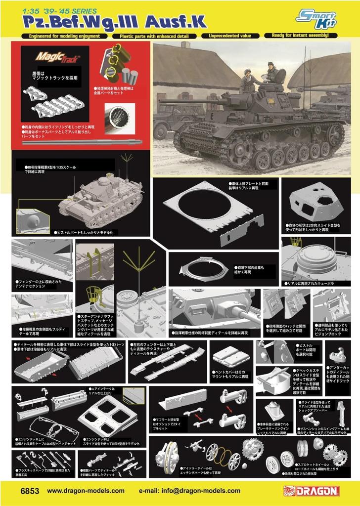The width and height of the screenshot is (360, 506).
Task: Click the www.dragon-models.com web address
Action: pyautogui.click(x=86, y=491)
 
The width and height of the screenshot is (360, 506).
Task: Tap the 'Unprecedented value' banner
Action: pyautogui.click(x=230, y=36)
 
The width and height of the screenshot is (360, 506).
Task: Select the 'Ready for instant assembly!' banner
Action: pyautogui.click(x=300, y=36)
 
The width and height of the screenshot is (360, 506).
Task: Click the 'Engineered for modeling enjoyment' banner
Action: pyautogui.click(x=64, y=36)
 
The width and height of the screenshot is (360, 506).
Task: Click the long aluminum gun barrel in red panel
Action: pyautogui.click(x=82, y=142)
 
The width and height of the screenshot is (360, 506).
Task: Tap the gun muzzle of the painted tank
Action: pyautogui.click(x=161, y=101)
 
